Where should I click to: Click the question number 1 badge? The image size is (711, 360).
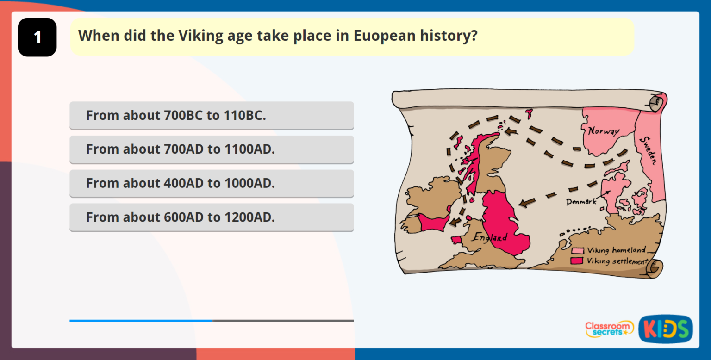point(37,37)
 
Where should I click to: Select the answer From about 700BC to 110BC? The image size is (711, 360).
point(212,115)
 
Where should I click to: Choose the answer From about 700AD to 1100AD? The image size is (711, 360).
point(212,149)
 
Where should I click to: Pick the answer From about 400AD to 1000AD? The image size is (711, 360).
point(212,183)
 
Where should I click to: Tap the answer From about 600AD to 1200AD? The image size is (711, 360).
point(212,217)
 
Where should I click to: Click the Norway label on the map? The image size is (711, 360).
point(603,131)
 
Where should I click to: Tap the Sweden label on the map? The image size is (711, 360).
point(648,150)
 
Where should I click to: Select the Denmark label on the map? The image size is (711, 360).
point(581,202)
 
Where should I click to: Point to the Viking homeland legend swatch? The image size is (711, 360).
point(577,250)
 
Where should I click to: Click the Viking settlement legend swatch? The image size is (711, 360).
point(577,261)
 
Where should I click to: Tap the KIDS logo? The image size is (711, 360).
point(665,329)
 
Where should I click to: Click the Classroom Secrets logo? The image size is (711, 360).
point(609,329)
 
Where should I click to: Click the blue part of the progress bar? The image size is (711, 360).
point(141,320)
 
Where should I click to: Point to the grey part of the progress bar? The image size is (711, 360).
point(283,320)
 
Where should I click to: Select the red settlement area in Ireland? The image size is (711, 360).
point(433,222)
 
